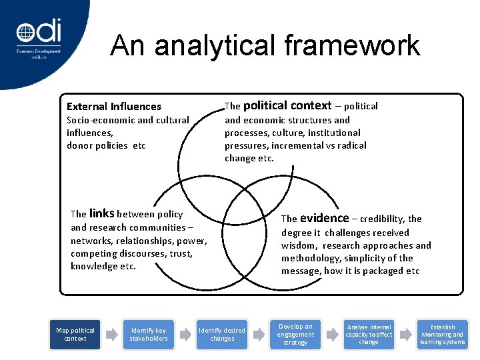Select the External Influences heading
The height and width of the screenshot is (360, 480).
click(114, 107)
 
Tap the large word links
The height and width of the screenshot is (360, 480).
click(101, 213)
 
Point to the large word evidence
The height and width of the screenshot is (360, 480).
click(324, 218)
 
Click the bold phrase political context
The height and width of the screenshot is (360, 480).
click(287, 105)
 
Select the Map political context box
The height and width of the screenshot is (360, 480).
click(75, 334)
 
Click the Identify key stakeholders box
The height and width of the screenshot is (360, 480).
click(149, 334)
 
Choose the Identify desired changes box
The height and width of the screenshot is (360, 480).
click(222, 334)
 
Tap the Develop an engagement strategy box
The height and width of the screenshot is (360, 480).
click(295, 334)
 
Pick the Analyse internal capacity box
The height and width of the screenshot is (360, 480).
click(369, 334)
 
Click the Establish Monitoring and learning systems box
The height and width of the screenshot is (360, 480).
click(442, 334)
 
